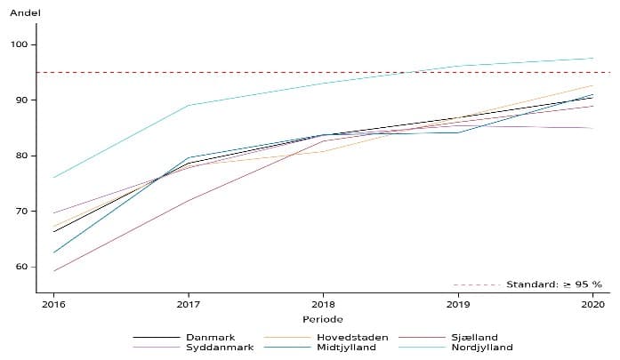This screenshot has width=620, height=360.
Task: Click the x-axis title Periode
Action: [x=323, y=319]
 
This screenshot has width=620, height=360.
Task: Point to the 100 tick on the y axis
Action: [x=20, y=44]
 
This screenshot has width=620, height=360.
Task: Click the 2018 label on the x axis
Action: [x=323, y=304]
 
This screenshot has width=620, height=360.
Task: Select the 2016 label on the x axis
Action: [x=53, y=304]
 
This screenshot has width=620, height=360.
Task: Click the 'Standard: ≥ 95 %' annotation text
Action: [x=553, y=284]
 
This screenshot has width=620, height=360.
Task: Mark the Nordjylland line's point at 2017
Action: [x=189, y=105]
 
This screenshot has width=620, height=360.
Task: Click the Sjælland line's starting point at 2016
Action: [x=53, y=271]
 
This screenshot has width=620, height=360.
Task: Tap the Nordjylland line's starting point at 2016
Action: [x=53, y=178]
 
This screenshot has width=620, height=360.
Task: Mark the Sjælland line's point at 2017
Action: [x=189, y=200]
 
